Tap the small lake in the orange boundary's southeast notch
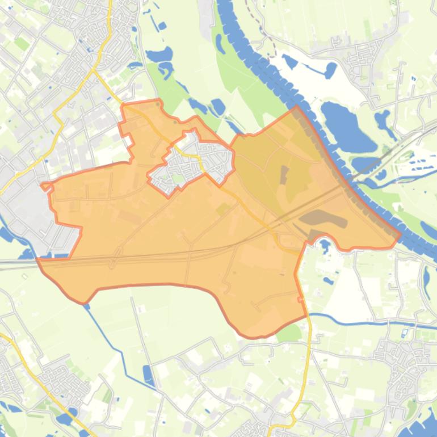pyautogui.click(x=325, y=245)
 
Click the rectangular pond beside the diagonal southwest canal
pyautogui.click(x=148, y=375)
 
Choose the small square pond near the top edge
pyautogui.click(x=162, y=26)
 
